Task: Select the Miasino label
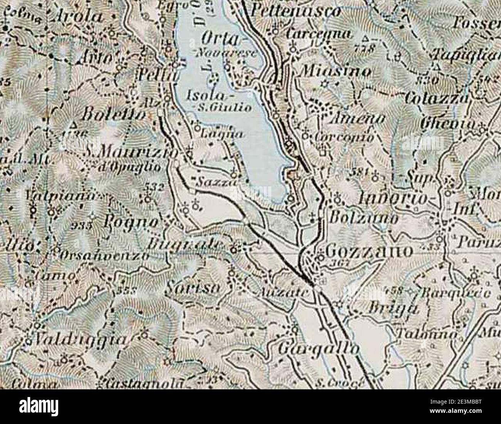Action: (335, 71)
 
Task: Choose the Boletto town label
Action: (115, 114)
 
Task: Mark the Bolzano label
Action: (365, 218)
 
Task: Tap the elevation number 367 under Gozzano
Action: (340, 263)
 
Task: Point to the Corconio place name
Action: (343, 137)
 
